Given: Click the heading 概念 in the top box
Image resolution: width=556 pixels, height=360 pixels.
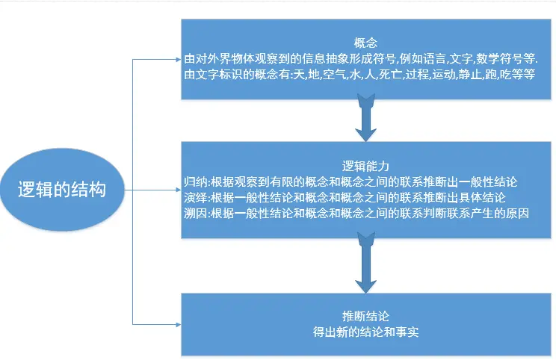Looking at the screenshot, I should pos(365,43).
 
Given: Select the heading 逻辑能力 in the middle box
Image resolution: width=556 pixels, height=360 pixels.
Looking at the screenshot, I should pos(365,165).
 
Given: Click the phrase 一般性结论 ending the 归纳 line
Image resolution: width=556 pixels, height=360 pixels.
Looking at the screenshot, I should pos(496,181).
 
